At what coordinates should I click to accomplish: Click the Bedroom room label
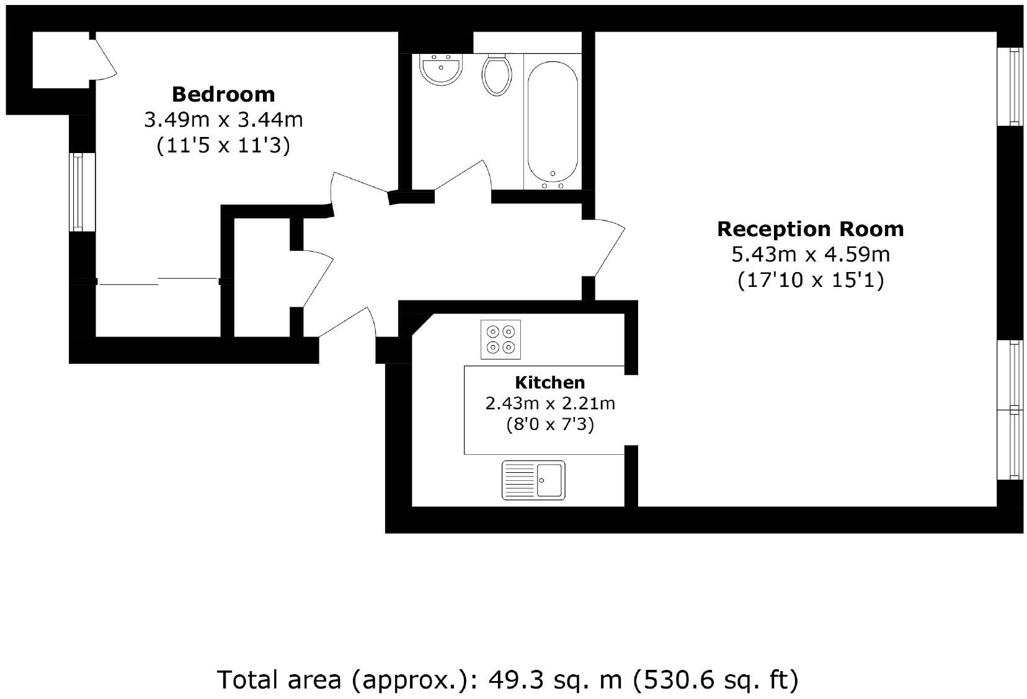coord(223,94)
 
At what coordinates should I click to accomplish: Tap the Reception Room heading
coord(810,229)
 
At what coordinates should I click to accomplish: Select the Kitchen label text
coord(549,382)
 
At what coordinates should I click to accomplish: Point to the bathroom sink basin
coord(440,69)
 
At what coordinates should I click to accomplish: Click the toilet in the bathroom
coord(497,74)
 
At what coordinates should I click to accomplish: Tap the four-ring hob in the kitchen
coord(500,340)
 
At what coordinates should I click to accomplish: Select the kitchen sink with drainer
coord(533,480)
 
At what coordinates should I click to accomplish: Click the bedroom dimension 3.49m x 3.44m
coord(223,120)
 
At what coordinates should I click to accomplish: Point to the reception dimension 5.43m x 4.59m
coord(810,255)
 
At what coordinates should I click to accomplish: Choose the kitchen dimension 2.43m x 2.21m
coord(549,403)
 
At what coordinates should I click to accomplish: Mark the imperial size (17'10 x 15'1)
coord(810,280)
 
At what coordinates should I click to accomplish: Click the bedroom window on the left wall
coord(82,192)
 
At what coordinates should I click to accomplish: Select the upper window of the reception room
coord(1010,87)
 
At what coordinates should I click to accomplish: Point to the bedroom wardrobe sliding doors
coord(159,281)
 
